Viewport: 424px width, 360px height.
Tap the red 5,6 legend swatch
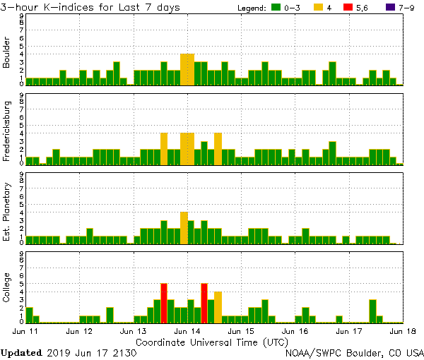coord(352,8)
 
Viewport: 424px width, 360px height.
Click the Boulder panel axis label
coord(7,54)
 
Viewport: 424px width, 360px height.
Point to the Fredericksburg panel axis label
coord(7,132)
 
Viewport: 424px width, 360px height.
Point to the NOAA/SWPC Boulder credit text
coord(355,352)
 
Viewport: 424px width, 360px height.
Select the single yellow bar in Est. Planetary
coord(184,227)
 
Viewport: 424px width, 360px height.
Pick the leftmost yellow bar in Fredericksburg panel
coord(164,148)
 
